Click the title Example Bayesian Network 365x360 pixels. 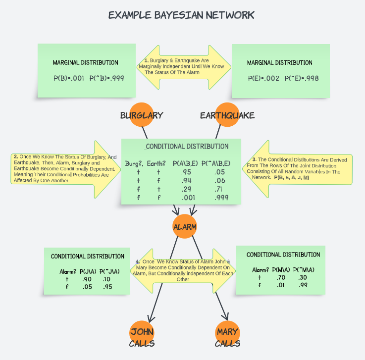click(x=181, y=15)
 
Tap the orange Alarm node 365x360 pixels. click(x=184, y=227)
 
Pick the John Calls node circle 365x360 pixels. click(x=142, y=332)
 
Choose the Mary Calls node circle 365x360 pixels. click(x=227, y=332)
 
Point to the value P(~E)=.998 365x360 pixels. click(x=302, y=78)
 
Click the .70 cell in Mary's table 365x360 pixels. click(x=280, y=277)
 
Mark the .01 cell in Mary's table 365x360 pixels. click(x=280, y=285)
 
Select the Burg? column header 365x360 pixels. click(x=133, y=163)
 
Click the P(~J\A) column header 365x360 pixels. click(x=109, y=271)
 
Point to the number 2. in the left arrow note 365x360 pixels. click(x=16, y=156)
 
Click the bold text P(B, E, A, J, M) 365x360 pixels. click(x=291, y=177)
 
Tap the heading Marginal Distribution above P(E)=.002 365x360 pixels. click(x=279, y=63)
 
